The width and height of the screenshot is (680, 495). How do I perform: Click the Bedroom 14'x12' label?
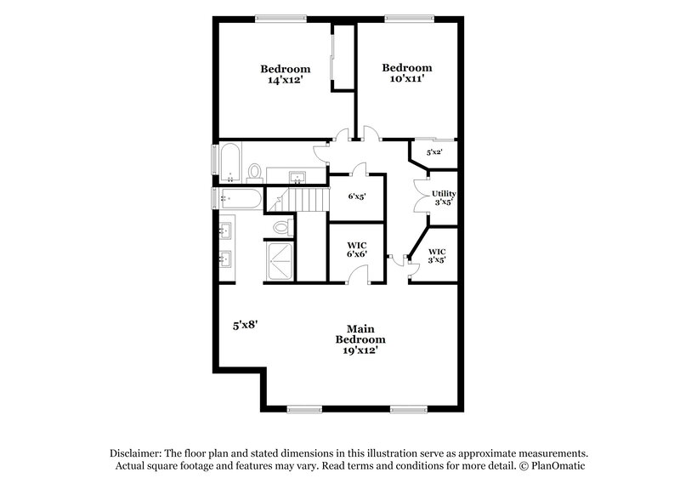coord(286,75)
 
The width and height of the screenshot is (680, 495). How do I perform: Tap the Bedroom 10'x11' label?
coord(406,73)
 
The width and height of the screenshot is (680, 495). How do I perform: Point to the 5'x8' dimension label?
coord(245,325)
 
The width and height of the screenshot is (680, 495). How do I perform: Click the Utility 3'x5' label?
coord(444,198)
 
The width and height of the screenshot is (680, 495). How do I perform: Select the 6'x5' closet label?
coord(357,196)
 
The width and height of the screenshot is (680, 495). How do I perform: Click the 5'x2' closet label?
coord(434,152)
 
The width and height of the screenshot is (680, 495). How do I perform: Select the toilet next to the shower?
coord(283,227)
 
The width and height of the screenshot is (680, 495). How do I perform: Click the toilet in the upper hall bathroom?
coord(254,172)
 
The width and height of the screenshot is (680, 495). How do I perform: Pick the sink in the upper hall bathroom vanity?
coord(297,176)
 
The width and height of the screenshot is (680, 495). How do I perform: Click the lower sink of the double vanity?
coord(226,259)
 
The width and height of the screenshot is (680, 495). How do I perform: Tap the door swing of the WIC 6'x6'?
coord(360,274)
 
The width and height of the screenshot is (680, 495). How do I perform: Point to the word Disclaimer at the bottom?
coord(134,453)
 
